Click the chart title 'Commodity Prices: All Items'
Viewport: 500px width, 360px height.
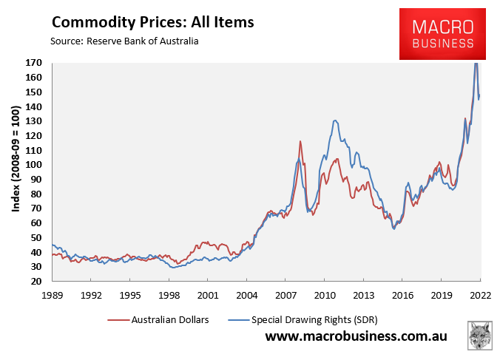coord(153,22)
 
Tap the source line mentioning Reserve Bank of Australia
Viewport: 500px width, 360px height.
coord(124,41)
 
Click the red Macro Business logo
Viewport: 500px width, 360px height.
coord(442,34)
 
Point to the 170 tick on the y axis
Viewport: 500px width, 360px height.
coord(34,63)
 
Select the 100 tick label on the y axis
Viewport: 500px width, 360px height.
coord(34,165)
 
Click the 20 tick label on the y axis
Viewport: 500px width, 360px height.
coord(36,282)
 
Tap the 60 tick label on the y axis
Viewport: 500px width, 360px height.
coord(36,223)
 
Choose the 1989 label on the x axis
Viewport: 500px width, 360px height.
coord(53,296)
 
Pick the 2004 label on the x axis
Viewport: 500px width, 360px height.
coord(247,296)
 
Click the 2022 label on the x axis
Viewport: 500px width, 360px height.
coord(481,296)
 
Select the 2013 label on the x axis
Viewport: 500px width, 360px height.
coord(363,296)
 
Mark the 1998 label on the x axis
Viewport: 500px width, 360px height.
coord(169,296)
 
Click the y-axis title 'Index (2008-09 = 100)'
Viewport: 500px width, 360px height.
coord(16,159)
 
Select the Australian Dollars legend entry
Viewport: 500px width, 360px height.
coord(158,319)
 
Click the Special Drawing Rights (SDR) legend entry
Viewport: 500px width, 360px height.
coord(303,319)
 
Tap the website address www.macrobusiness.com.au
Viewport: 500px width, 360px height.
coord(357,336)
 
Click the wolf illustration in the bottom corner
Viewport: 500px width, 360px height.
coord(479,336)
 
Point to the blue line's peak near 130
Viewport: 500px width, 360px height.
coord(334,120)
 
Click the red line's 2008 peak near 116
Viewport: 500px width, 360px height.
coord(300,141)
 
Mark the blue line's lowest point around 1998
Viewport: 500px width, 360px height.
coord(173,268)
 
